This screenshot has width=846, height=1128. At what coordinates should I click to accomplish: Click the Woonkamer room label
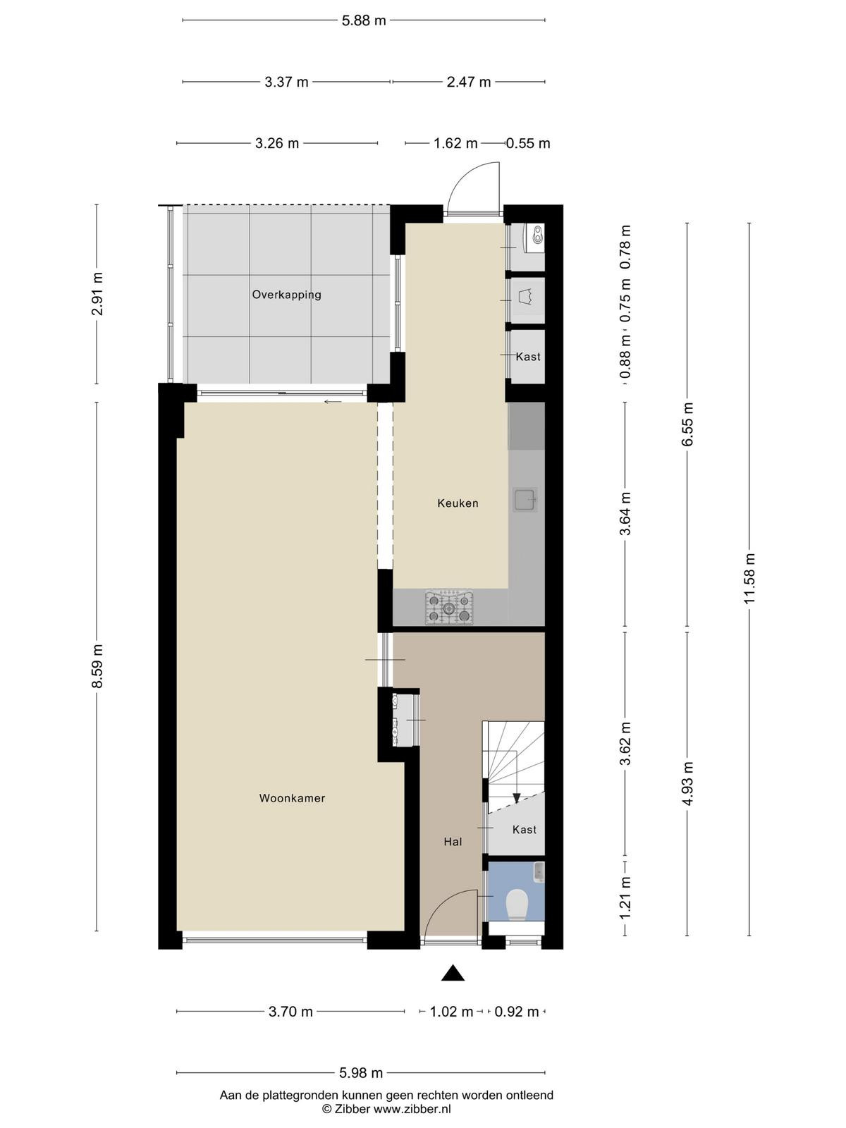click(x=292, y=798)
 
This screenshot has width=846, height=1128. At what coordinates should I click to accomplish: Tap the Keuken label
click(x=458, y=503)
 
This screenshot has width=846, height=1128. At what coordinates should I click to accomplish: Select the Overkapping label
click(x=287, y=295)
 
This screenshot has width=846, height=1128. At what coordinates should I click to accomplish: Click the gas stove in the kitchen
click(x=449, y=608)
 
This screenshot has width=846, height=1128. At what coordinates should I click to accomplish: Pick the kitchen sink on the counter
click(x=525, y=500)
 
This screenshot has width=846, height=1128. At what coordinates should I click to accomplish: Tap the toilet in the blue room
click(x=517, y=904)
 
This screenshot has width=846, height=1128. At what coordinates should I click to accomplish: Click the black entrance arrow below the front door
click(x=453, y=973)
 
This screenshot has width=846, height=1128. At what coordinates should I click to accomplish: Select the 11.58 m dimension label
click(x=749, y=580)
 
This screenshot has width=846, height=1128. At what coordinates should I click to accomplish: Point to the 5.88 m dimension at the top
click(x=364, y=20)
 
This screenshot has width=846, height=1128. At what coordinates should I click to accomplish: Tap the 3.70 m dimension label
click(x=290, y=1012)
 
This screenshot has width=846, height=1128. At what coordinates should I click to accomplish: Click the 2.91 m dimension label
click(x=97, y=294)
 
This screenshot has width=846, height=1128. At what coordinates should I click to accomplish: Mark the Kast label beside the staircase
click(x=524, y=829)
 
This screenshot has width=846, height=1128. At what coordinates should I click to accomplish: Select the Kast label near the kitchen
click(x=528, y=357)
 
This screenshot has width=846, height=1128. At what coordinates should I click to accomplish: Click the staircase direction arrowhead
click(x=517, y=798)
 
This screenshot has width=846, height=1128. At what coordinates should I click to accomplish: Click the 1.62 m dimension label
click(x=455, y=143)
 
